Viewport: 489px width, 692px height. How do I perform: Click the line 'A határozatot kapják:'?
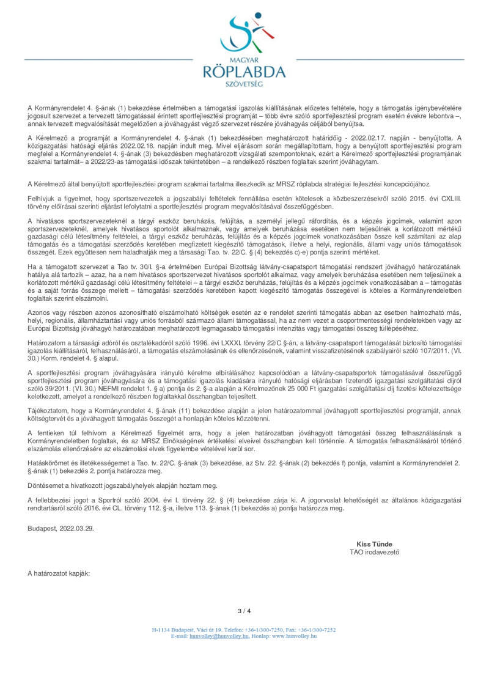pos(59,573)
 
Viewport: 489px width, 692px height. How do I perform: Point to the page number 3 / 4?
pos(244,611)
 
